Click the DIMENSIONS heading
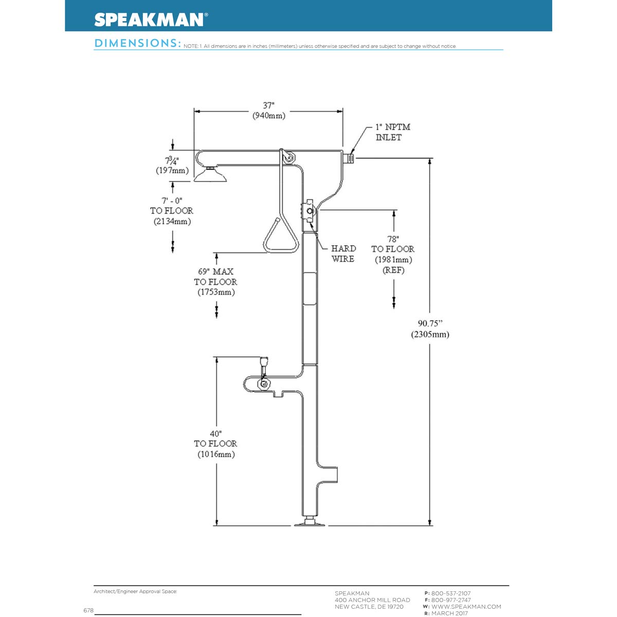[x=137, y=43]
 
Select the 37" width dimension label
[x=268, y=105]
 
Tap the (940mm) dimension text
[x=268, y=116]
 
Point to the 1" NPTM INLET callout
[x=392, y=132]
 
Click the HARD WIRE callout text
[x=343, y=253]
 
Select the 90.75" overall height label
[x=430, y=323]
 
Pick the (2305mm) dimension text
[x=430, y=334]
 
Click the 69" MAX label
[x=215, y=271]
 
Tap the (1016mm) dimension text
[x=216, y=455]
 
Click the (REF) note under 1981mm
[x=393, y=270]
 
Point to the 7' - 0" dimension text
[x=172, y=200]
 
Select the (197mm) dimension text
[x=172, y=170]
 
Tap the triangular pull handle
[x=281, y=238]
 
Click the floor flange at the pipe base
[x=310, y=523]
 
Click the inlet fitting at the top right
[x=351, y=156]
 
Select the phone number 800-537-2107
[x=450, y=593]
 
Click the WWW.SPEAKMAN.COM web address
[x=466, y=607]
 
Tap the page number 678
[x=88, y=610]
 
